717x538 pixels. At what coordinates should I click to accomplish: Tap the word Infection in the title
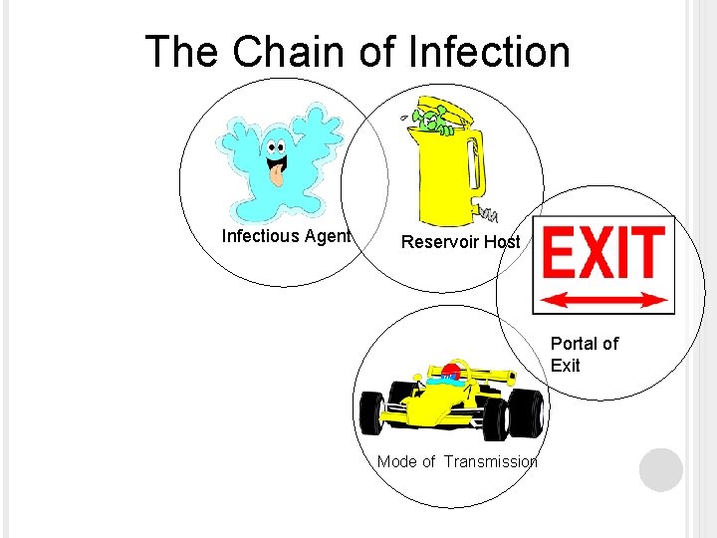click(489, 52)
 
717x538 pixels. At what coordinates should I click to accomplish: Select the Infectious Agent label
click(286, 236)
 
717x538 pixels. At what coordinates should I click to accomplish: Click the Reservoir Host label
click(460, 242)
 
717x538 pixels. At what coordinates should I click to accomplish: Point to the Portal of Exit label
click(584, 354)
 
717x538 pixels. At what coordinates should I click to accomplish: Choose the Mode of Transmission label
click(457, 461)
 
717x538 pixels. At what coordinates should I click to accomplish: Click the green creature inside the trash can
click(431, 122)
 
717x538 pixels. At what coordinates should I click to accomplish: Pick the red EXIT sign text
click(603, 253)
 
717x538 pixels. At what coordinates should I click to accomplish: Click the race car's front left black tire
click(372, 410)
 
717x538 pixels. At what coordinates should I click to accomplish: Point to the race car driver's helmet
click(452, 374)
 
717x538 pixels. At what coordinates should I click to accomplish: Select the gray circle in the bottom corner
click(661, 469)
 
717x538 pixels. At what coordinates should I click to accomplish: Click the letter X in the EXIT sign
click(603, 253)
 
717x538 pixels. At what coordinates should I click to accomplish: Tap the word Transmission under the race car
click(491, 461)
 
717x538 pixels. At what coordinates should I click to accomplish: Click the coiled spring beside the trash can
click(488, 213)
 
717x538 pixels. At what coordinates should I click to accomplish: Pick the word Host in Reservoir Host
click(502, 242)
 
